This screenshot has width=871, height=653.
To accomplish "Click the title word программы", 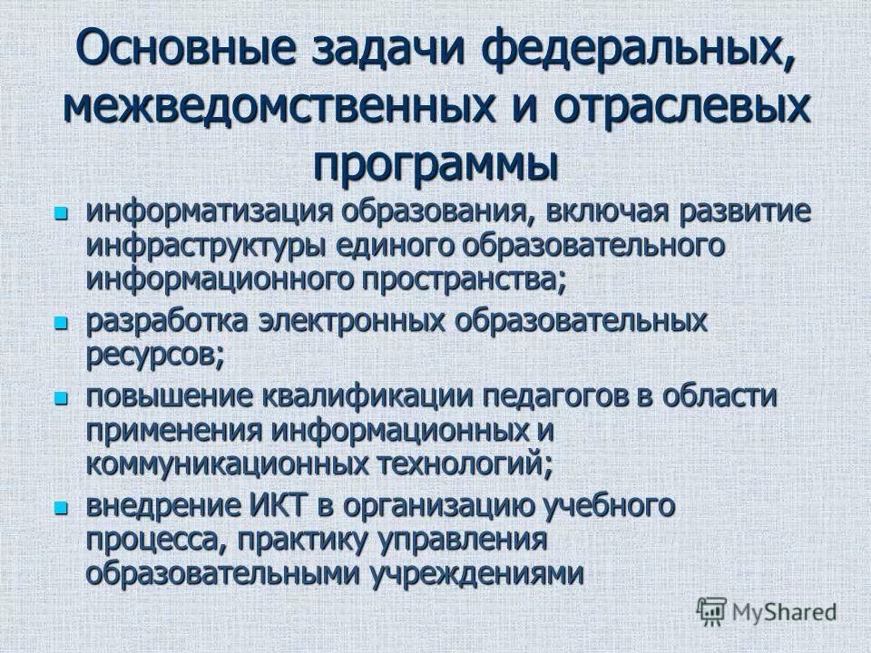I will click(x=435, y=163).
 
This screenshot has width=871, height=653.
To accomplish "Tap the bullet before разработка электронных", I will click(x=61, y=322).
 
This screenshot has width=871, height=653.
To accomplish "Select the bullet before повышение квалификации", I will click(x=61, y=397).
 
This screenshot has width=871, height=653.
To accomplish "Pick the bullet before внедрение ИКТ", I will click(x=61, y=506).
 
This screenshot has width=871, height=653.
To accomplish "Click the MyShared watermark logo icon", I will click(x=711, y=612).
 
